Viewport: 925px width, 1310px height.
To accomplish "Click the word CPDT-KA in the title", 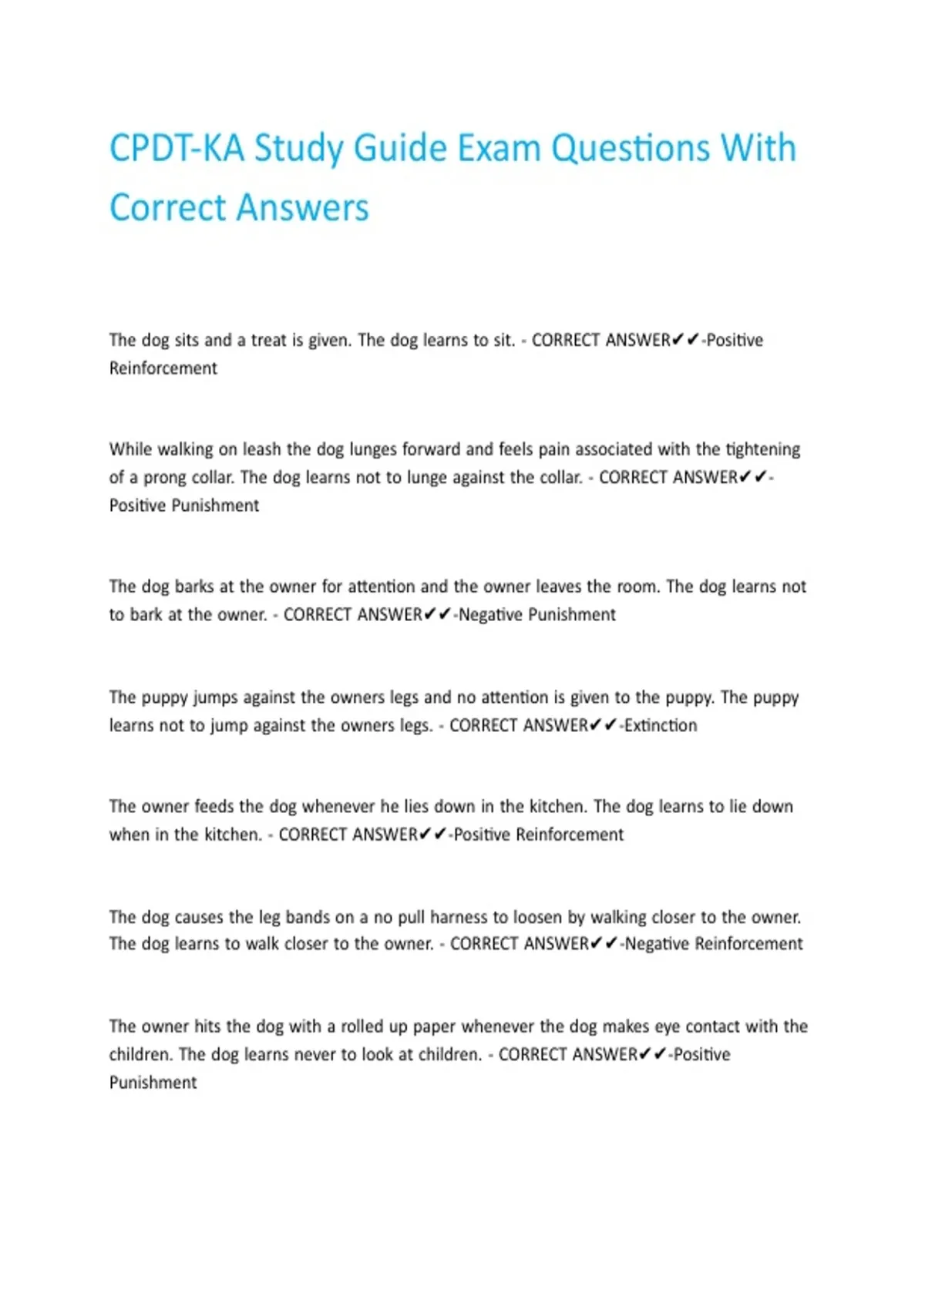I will [x=177, y=148].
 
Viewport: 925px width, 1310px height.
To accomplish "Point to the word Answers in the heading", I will [x=302, y=207].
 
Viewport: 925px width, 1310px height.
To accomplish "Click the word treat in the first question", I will [x=268, y=340].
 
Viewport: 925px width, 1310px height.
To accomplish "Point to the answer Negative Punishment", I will [x=537, y=615].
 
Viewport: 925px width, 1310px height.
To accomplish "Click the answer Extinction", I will [x=661, y=725].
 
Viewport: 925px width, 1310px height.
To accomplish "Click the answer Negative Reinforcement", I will [x=714, y=944].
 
